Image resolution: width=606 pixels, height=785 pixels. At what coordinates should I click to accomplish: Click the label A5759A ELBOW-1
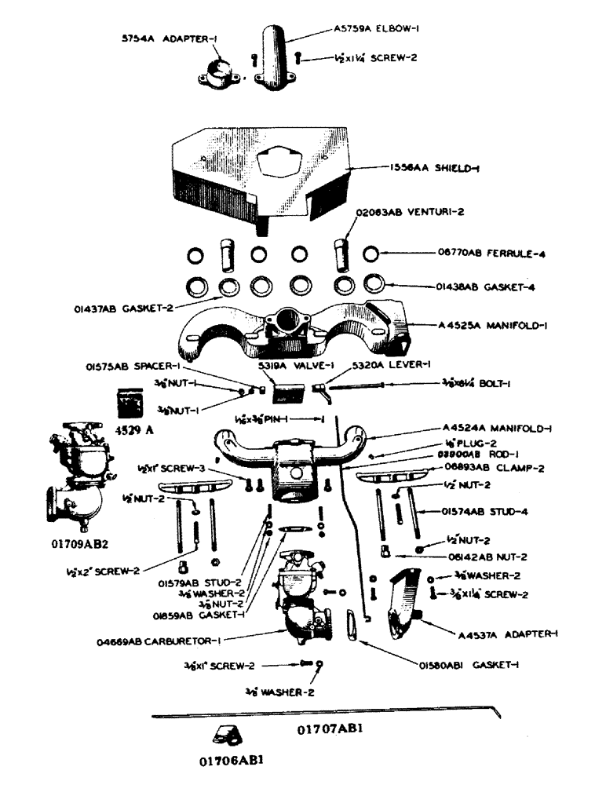380,30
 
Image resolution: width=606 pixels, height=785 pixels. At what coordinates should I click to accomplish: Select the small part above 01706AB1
228,735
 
